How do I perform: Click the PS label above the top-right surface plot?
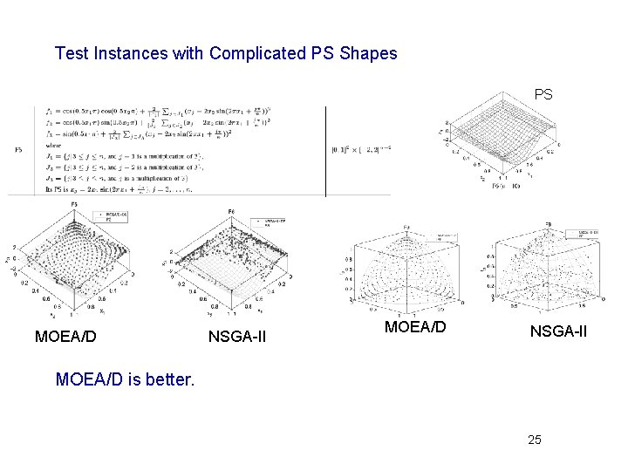543,93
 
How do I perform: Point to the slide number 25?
534,440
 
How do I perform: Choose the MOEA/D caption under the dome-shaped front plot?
415,327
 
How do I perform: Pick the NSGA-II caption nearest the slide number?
557,331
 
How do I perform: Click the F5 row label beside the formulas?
19,150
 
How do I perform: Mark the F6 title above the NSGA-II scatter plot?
231,212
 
